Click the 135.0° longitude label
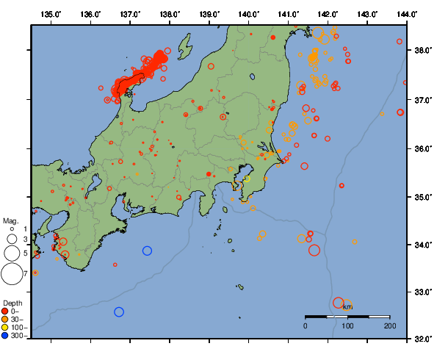click(x=51, y=14)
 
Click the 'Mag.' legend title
click(x=10, y=220)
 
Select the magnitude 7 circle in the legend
click(x=11, y=273)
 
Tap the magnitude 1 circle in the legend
click(x=11, y=230)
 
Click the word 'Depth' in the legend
click(x=12, y=303)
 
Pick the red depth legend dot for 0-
click(x=5, y=311)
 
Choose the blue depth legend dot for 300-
click(x=5, y=336)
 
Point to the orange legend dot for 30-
click(x=5, y=319)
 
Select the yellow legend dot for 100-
click(x=5, y=328)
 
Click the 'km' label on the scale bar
click(x=347, y=306)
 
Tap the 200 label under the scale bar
click(x=389, y=325)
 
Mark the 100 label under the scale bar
click(x=347, y=325)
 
